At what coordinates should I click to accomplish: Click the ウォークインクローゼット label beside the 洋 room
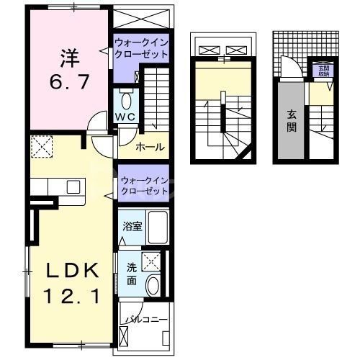point(141,48)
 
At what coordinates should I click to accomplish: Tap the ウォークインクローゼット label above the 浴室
point(144,186)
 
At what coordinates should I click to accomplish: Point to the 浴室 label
point(132,227)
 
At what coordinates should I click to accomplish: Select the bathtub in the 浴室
point(157,228)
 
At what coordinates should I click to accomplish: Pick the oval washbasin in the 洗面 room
point(153,286)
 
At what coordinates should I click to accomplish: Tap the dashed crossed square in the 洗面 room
point(153,261)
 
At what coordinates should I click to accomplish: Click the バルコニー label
point(147,318)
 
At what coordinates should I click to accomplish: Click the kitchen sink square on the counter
point(73,186)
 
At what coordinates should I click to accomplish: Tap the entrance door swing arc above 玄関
point(290,69)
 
